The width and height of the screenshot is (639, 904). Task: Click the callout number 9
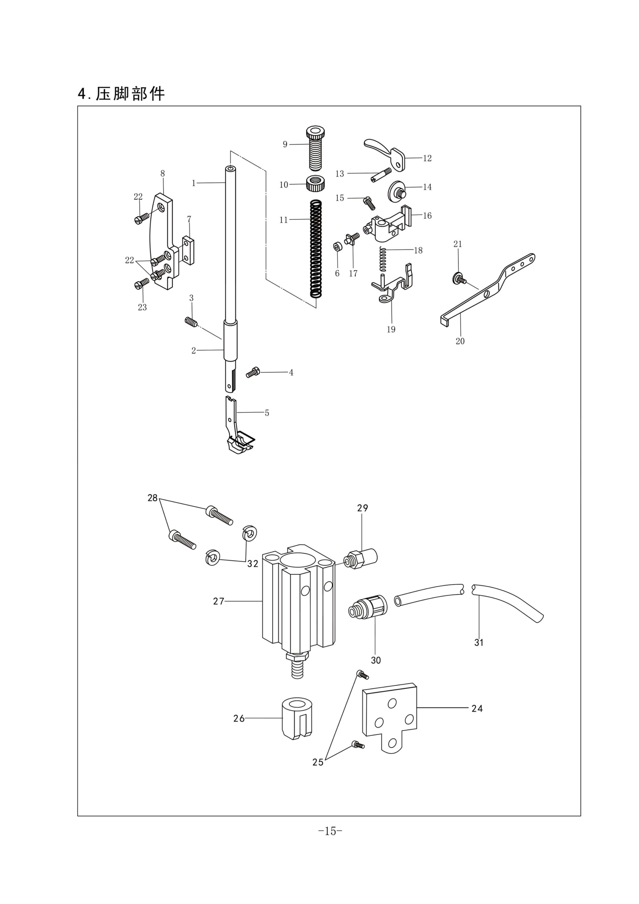[285, 145]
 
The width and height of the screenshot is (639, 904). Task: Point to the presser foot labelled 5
[237, 429]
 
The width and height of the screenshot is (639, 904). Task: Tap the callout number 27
[218, 601]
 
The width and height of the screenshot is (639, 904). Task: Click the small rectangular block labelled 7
[188, 250]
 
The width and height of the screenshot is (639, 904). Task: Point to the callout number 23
[142, 307]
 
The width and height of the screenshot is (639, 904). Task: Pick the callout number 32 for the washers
[253, 564]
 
